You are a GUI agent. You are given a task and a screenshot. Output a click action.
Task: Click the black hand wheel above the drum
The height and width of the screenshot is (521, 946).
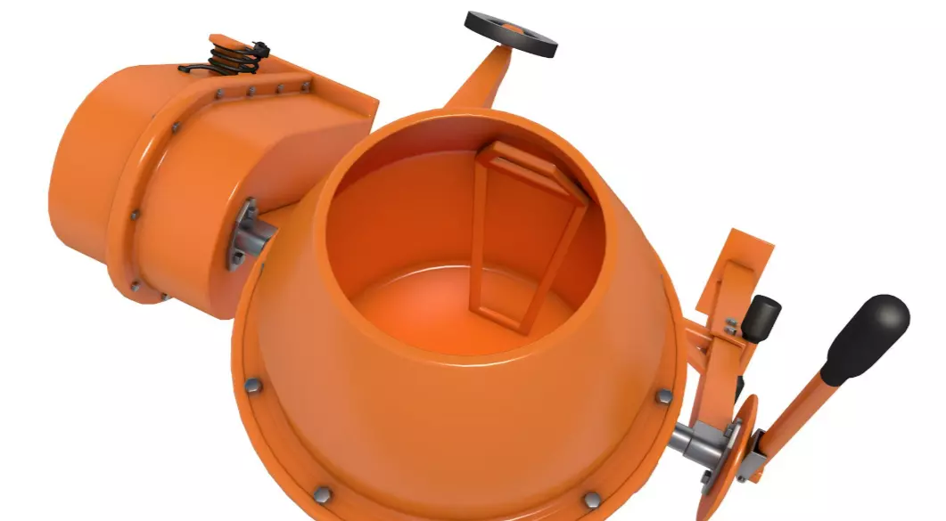point(511,33)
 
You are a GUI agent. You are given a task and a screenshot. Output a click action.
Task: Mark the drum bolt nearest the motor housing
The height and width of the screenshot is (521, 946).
point(252,385)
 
